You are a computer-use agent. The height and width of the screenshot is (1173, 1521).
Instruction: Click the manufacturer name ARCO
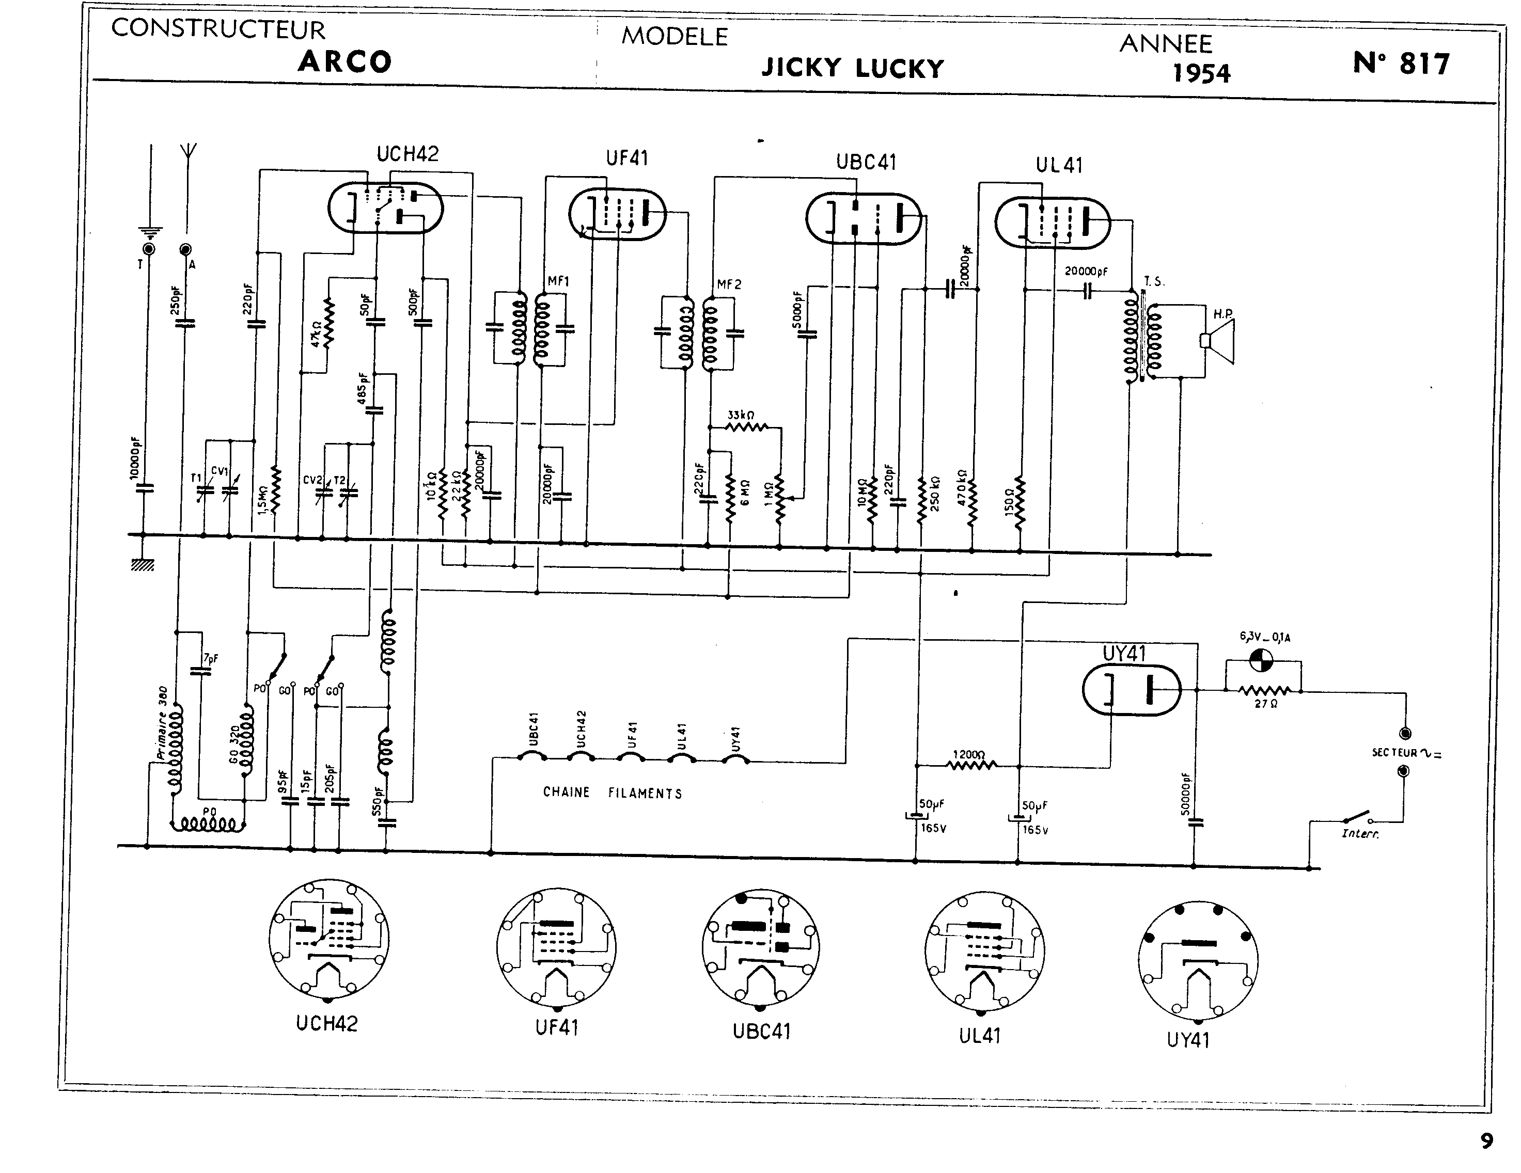click(x=344, y=62)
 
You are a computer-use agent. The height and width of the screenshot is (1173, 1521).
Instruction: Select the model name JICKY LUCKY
click(x=852, y=68)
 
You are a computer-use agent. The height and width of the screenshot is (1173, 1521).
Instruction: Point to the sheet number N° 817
click(x=1401, y=64)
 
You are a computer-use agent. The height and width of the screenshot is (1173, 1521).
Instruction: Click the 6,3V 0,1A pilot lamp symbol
click(x=1261, y=659)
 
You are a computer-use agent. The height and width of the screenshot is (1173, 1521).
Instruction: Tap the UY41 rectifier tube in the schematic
click(x=1131, y=690)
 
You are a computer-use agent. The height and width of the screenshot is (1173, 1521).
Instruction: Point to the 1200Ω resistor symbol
click(x=971, y=766)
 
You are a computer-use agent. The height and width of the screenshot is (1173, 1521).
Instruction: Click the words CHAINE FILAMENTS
click(x=612, y=792)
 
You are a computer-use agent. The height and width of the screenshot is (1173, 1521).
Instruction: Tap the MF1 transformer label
click(x=558, y=281)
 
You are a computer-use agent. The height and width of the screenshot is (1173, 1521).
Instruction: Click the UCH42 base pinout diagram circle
click(x=328, y=939)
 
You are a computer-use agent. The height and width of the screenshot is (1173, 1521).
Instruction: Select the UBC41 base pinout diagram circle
click(x=760, y=947)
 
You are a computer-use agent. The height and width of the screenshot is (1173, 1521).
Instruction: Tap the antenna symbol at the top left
click(x=188, y=152)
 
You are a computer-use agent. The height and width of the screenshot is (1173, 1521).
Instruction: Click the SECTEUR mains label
click(x=1394, y=753)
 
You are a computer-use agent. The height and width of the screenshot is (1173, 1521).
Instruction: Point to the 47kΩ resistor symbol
click(x=328, y=323)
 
